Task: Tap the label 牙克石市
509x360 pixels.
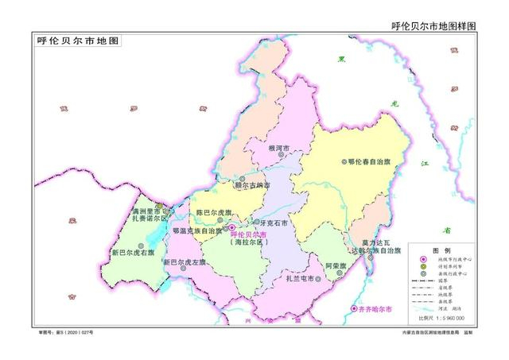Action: point(270,223)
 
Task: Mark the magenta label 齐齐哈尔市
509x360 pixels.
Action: point(374,308)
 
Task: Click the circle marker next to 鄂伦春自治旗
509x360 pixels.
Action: point(344,161)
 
